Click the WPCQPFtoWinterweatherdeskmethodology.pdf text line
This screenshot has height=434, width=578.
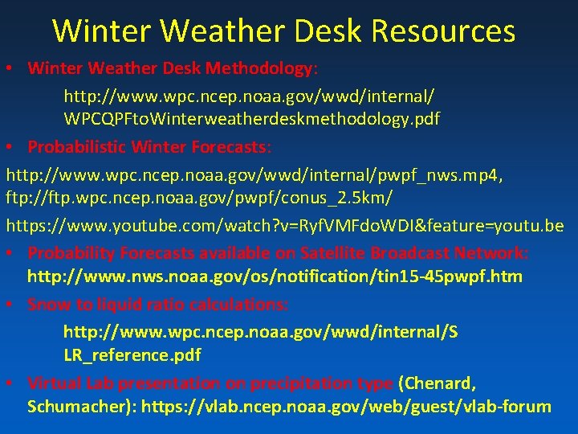[x=252, y=119]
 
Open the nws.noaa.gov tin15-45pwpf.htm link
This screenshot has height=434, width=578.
[x=275, y=277]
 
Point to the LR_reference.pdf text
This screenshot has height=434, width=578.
[x=132, y=354]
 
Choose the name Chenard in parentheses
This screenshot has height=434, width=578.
[x=442, y=383]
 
